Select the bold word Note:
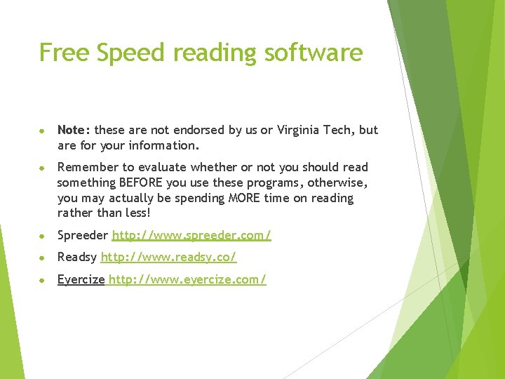coord(74,130)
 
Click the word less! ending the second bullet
coord(136,213)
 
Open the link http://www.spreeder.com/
coord(191,235)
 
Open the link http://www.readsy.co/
coord(169,258)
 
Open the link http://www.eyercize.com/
coord(187,280)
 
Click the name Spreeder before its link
coord(83,235)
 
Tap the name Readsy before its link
coord(77,258)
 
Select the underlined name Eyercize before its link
coord(81,280)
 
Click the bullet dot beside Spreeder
coord(43,236)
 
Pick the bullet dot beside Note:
coord(43,131)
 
